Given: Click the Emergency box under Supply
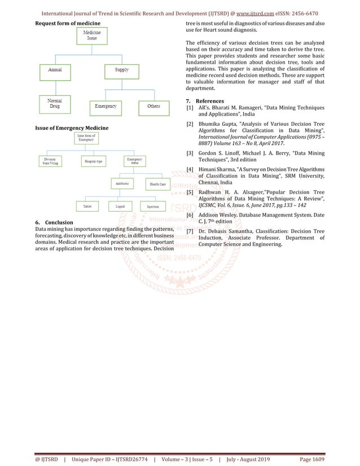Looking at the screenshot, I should (106, 106).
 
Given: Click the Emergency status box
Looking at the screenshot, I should (134, 161).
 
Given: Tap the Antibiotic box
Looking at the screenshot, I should (121, 183).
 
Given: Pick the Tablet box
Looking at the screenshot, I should (87, 206).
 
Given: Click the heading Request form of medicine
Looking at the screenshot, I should (68, 23).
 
